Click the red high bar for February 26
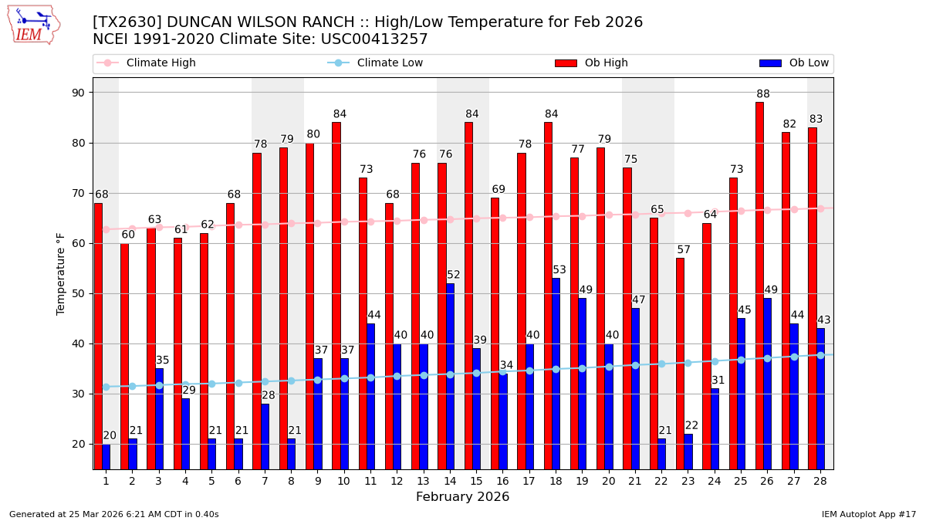point(759,286)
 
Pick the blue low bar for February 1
point(106,456)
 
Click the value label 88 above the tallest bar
point(763,94)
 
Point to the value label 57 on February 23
point(684,250)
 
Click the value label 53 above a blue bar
point(559,270)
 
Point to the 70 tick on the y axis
point(79,193)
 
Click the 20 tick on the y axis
point(79,444)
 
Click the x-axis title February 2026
point(462,497)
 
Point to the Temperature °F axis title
point(62,273)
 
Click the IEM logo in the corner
point(33,25)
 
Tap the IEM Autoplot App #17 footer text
point(868,514)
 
